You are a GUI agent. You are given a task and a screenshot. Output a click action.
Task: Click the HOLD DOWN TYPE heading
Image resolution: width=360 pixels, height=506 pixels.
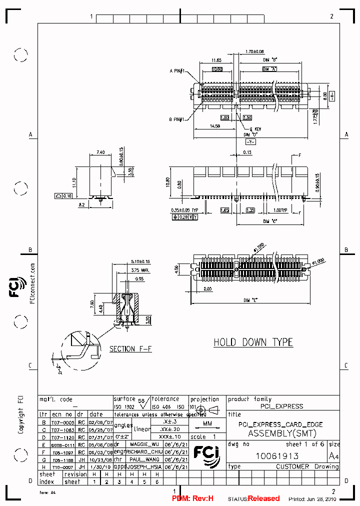253,342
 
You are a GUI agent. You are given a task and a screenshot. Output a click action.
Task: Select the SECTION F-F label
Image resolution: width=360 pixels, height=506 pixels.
130,348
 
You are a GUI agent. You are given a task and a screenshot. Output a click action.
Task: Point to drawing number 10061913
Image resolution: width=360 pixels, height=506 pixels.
277,455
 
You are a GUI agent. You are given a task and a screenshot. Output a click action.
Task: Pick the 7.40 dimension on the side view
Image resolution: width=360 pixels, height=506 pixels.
100,152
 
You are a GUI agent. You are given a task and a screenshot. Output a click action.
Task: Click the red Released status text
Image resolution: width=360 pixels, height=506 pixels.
264,498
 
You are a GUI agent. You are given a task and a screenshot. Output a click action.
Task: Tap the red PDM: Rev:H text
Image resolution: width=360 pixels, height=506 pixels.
192,498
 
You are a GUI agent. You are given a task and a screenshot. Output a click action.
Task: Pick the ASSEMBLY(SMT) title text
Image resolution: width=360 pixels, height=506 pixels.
282,433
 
